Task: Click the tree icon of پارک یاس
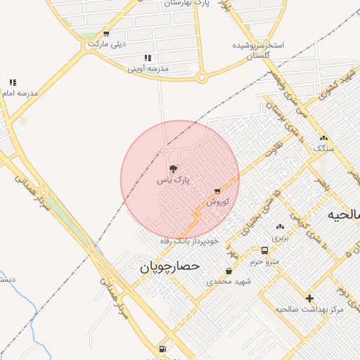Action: (174, 169)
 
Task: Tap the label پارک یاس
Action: (173, 181)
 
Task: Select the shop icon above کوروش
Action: (217, 191)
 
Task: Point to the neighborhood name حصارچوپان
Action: (169, 267)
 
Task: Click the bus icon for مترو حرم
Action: (264, 250)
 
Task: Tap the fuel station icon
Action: (163, 348)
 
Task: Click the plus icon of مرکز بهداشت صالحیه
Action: (309, 298)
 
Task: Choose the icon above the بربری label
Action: (281, 227)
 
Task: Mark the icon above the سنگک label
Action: (323, 138)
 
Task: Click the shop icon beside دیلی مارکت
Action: (105, 33)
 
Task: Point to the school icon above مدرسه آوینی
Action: (148, 58)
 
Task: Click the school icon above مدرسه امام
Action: (13, 82)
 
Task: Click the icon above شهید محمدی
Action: (229, 271)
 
